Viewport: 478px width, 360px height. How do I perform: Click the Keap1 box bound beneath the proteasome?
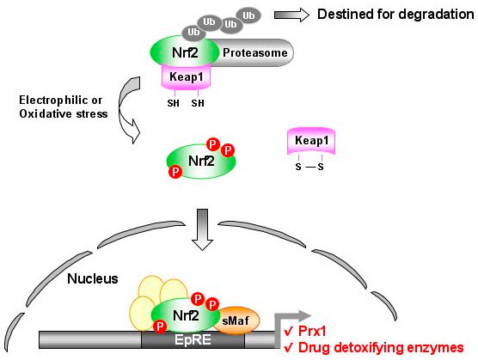[x=192, y=76]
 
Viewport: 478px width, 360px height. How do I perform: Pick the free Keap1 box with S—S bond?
[x=308, y=138]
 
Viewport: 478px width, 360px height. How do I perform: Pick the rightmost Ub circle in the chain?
[x=250, y=15]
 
